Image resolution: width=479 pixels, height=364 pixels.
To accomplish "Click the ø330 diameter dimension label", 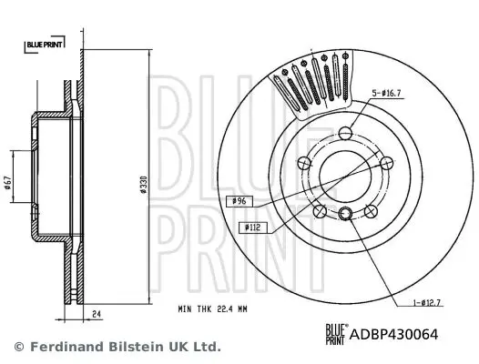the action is tap(144, 185).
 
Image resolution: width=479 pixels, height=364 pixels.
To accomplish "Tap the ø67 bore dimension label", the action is tap(8, 182).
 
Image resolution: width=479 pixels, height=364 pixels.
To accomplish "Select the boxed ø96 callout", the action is tap(239, 201).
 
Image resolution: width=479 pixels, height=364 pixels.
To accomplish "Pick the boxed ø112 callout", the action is tap(253, 227).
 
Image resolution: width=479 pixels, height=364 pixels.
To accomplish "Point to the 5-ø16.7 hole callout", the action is tap(386, 93).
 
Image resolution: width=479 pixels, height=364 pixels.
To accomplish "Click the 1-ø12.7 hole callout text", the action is tap(427, 303).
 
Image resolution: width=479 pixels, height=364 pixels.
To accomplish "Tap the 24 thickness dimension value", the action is tap(97, 314).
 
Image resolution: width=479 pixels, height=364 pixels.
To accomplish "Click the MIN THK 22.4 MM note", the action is tap(212, 309).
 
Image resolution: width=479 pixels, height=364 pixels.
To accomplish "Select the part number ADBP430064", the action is tap(393, 334).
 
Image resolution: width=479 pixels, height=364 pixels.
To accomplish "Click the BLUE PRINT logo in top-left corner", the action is tap(45, 45).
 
